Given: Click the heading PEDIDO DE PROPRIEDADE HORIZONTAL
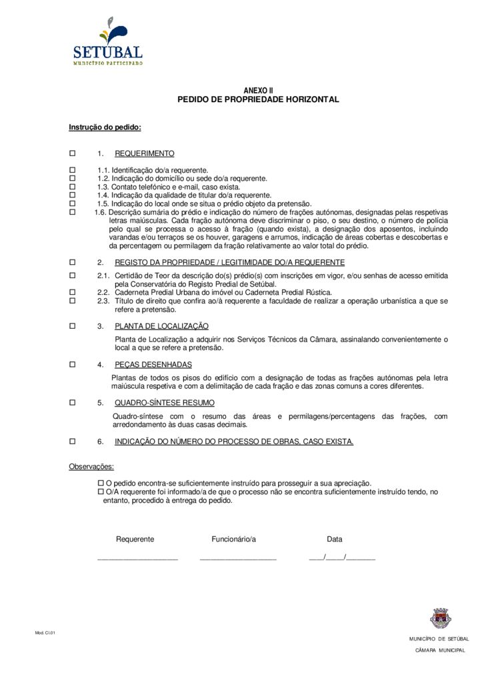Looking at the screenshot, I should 258,99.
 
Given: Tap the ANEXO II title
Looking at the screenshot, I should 258,90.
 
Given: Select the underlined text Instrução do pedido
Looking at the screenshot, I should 105,127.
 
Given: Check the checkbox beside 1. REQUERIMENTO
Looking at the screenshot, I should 73,153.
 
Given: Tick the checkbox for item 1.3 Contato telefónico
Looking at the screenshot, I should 73,187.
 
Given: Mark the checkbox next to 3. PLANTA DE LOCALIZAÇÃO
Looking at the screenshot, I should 73,326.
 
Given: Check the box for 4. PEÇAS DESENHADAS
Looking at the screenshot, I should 73,365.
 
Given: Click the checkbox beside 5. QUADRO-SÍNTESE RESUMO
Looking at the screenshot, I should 73,403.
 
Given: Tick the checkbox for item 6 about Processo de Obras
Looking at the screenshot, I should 73,442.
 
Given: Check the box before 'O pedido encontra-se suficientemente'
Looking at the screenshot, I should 101,483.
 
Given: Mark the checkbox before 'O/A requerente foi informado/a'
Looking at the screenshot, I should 101,492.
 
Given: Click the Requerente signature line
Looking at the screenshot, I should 137,558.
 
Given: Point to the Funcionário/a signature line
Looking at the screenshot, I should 238,558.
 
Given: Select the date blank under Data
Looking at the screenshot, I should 342,558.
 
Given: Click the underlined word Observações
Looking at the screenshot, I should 91,467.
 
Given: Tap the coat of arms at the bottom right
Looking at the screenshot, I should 441,618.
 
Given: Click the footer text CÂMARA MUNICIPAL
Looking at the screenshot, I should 440,650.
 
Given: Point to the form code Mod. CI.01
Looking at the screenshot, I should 45,632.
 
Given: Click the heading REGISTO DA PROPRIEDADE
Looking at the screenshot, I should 230,262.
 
